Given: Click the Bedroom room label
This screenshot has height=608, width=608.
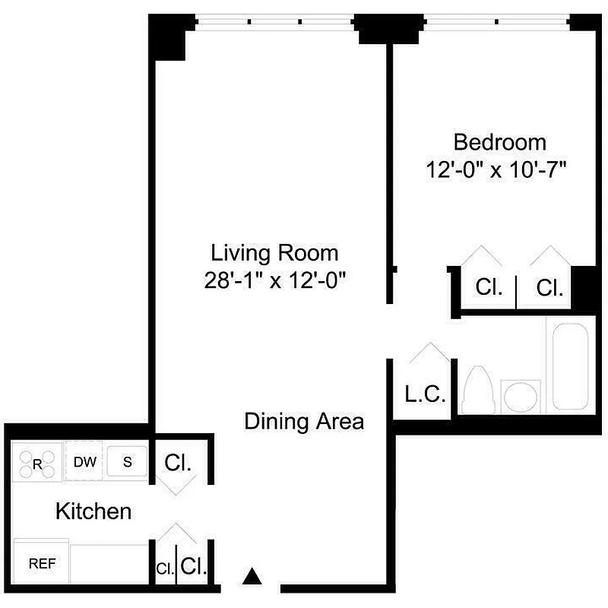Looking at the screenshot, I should tap(499, 142).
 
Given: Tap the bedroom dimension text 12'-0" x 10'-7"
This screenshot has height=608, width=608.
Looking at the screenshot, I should tap(499, 169).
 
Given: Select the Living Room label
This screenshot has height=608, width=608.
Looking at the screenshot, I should tap(274, 252).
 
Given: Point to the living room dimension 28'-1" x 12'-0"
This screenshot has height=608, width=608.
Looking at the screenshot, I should tap(274, 280).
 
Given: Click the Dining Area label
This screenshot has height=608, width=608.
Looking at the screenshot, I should tap(304, 421).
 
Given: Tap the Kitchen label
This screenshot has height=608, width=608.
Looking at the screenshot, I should tap(93, 511).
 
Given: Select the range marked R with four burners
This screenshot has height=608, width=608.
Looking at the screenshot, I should tap(37, 463).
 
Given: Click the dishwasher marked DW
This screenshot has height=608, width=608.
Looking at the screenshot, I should tap(84, 461).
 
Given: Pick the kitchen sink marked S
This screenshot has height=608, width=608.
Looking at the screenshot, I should tap(128, 461).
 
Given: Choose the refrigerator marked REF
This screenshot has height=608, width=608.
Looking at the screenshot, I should tap(41, 564).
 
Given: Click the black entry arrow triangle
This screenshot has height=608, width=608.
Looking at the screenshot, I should tap(251, 577).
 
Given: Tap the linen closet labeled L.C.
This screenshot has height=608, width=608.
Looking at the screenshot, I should tap(425, 394).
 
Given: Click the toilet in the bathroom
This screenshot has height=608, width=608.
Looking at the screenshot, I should tap(479, 390).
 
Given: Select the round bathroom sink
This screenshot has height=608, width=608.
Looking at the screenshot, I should tap(521, 395).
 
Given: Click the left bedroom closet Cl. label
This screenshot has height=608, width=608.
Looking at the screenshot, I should tap(489, 288).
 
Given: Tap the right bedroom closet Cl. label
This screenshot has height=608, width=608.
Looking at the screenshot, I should tap(549, 288).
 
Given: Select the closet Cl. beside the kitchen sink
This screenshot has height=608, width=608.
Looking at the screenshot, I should tap(178, 463).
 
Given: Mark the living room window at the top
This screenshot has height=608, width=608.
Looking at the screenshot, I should tap(274, 22).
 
